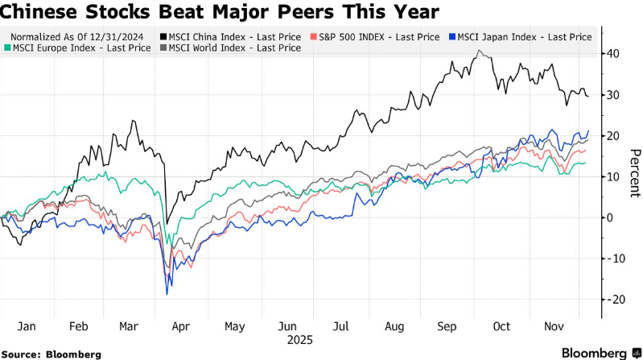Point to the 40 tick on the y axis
613,54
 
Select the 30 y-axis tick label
613,95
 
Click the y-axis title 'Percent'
634,173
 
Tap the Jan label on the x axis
26,326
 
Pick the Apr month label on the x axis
181,326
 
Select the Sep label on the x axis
447,326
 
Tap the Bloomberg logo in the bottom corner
593,353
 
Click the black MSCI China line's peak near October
480,51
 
